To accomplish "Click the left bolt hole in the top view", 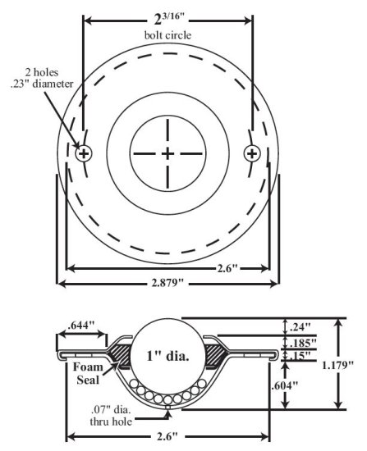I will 83,153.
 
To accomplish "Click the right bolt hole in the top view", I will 252,153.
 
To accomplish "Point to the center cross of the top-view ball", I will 167,153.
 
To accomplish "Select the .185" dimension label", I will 304,342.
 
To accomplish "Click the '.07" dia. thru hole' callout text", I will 114,417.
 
